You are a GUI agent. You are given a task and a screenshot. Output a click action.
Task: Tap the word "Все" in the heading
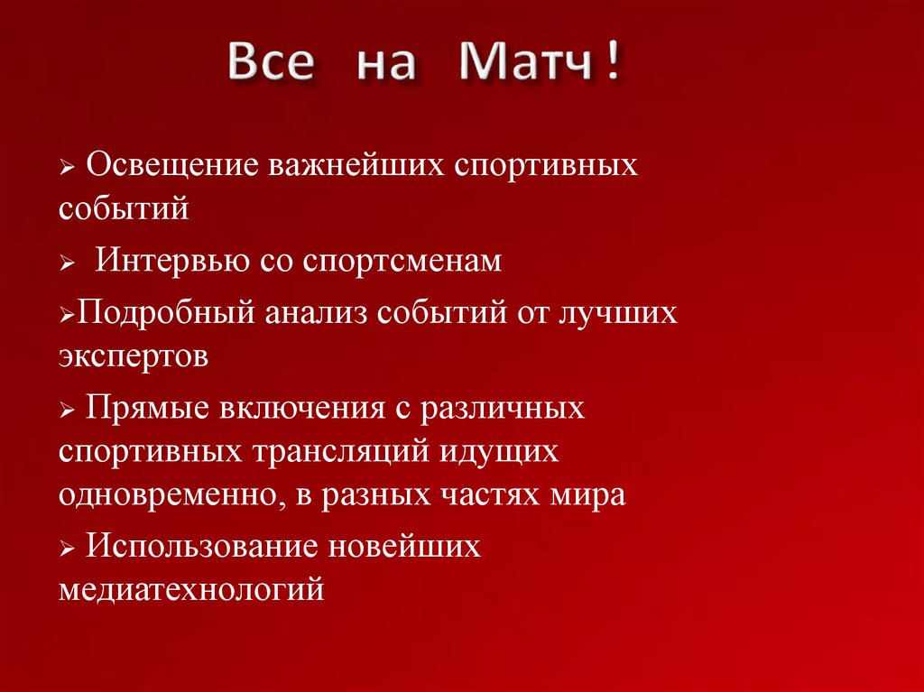(x=270, y=66)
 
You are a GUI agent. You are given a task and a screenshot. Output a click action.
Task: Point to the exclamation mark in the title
(x=614, y=64)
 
